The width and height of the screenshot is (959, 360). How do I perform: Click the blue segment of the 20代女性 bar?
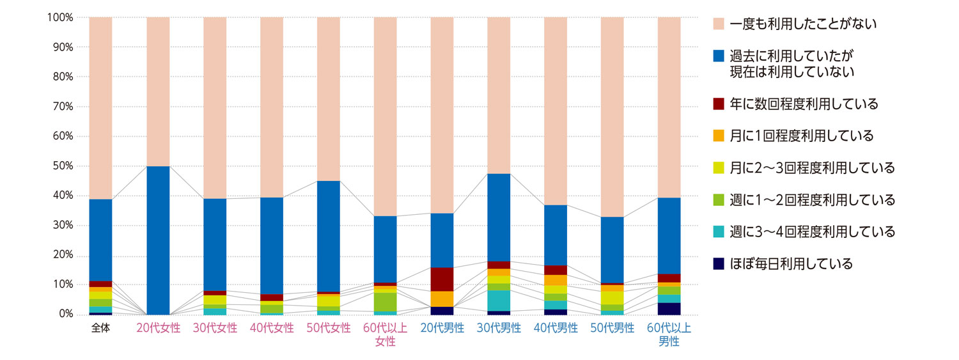click(158, 240)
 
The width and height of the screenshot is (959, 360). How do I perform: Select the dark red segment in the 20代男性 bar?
click(442, 279)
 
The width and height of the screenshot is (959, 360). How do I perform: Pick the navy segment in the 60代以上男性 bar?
click(669, 309)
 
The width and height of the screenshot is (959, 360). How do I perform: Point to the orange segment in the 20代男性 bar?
click(442, 299)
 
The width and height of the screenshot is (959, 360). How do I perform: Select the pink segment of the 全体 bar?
click(101, 108)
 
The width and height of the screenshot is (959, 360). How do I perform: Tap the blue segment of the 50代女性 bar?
click(329, 236)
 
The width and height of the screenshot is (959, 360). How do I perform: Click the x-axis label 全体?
click(101, 329)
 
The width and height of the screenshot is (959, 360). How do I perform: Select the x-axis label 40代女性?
click(272, 329)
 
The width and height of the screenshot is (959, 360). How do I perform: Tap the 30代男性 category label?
click(499, 329)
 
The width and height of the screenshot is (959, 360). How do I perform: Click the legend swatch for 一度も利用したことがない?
click(718, 24)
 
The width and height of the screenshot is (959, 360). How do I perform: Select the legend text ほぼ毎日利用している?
click(791, 263)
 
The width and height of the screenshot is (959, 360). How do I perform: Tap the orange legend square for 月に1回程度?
click(718, 136)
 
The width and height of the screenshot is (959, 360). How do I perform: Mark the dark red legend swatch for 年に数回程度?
click(718, 104)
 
